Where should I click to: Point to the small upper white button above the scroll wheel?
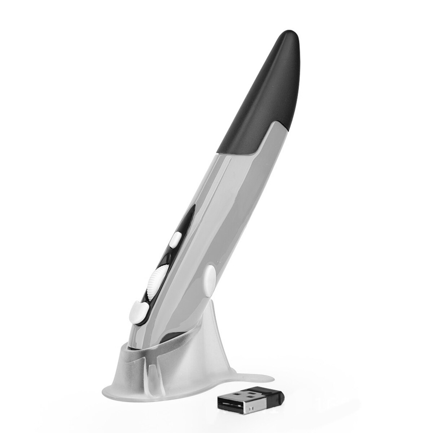click(176, 239)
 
